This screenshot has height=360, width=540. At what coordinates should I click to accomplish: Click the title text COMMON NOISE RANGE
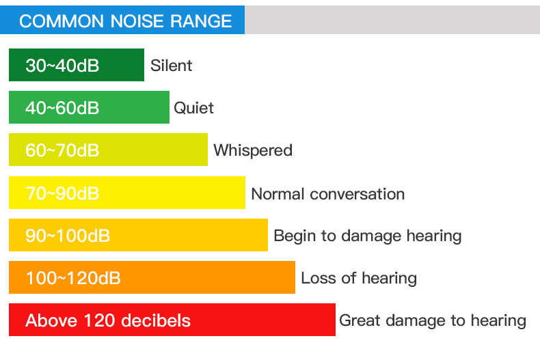125,21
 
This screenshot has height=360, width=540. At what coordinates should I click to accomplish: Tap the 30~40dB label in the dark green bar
62,66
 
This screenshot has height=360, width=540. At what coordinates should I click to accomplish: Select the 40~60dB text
62,108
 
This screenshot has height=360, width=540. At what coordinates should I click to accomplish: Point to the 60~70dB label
62,150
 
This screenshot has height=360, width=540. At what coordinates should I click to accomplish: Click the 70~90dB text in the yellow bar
62,193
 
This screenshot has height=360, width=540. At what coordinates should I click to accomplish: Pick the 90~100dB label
68,236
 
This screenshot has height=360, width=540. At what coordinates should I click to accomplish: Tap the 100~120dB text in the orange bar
73,278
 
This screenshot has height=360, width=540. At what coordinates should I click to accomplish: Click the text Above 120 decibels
108,320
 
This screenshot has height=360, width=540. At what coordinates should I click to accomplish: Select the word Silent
171,66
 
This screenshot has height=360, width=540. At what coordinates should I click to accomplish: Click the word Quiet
193,108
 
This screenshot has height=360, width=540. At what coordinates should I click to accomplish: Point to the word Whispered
253,150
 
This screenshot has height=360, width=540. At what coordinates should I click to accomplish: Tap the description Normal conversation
328,194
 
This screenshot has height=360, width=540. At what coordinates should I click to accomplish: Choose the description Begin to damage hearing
368,236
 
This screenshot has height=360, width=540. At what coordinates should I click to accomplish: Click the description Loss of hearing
359,278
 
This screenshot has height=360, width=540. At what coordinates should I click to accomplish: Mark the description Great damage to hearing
433,320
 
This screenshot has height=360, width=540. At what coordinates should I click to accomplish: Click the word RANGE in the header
201,21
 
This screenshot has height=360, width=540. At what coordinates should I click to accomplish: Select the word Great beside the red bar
360,320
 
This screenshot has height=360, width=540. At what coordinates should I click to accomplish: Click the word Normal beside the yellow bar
278,194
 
